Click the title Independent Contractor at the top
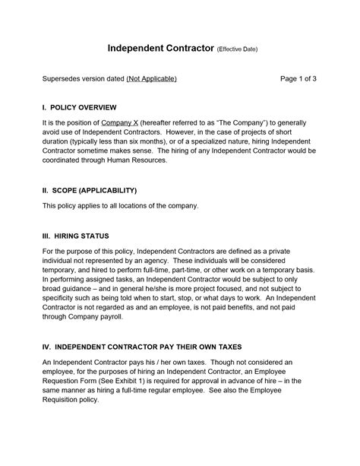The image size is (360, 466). (x=160, y=49)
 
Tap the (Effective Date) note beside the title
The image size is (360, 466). (x=237, y=50)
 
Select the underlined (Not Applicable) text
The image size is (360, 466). (x=152, y=78)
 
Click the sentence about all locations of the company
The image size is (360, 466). (x=120, y=206)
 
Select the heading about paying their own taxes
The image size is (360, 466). (x=141, y=346)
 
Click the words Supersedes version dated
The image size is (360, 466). (x=83, y=78)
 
